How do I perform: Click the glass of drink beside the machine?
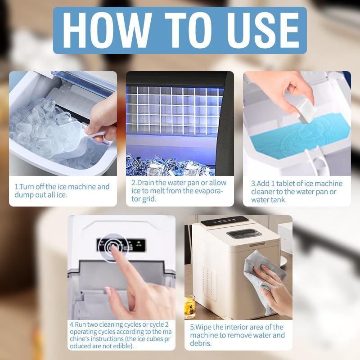(x=190, y=307)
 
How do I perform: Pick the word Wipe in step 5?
(x=205, y=327)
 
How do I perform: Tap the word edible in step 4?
(x=121, y=346)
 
